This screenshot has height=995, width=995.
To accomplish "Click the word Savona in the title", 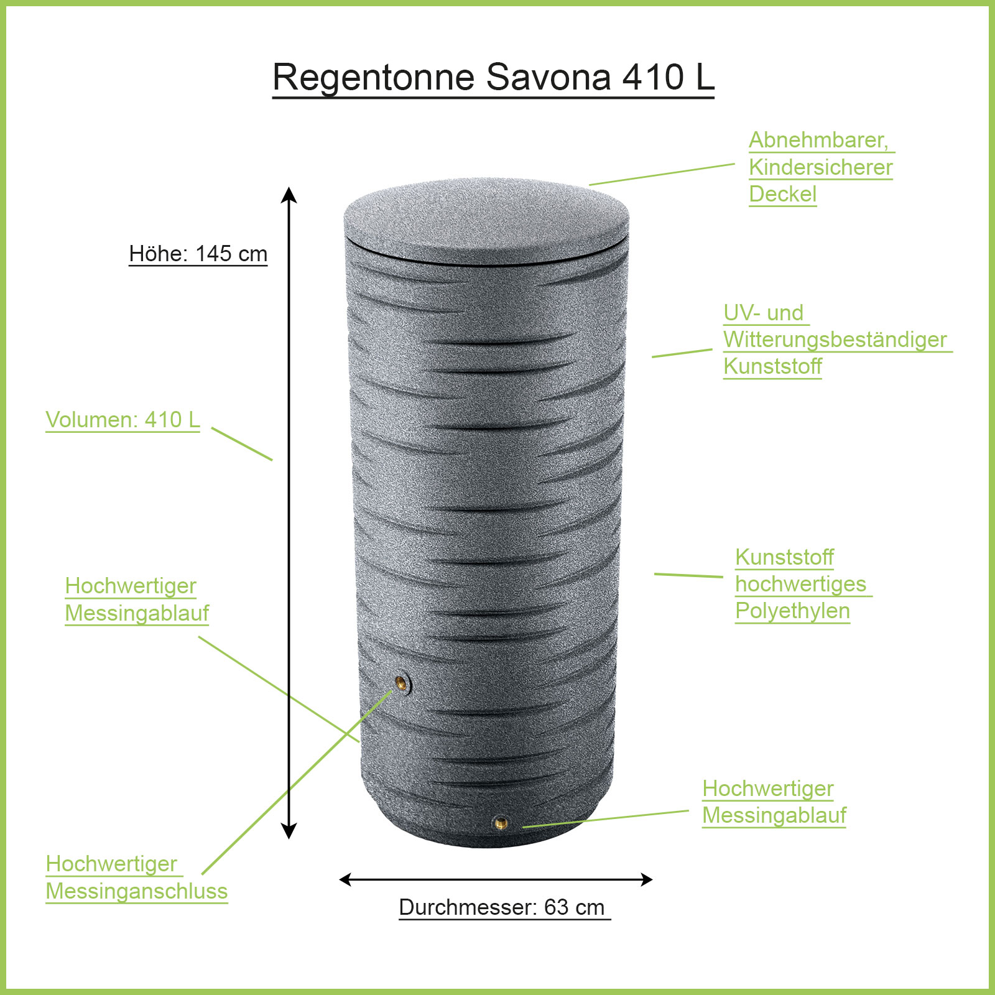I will click(548, 78).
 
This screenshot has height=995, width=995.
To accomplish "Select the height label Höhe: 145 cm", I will click(198, 254).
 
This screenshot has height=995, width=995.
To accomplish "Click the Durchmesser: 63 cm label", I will click(502, 907).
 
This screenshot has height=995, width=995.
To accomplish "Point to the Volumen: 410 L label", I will click(123, 420).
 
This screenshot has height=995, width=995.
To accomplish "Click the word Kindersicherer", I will click(820, 167).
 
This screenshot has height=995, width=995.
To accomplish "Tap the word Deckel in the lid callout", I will click(782, 194).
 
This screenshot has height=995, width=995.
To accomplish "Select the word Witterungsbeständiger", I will click(835, 340).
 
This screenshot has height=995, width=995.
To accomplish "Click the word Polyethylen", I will click(792, 611).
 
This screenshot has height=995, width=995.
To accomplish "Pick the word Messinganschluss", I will click(137, 891).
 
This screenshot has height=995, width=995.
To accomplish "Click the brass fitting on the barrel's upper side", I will click(402, 684).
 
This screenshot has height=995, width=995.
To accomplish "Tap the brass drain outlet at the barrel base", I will click(501, 823).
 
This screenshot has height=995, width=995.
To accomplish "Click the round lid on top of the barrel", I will click(486, 218).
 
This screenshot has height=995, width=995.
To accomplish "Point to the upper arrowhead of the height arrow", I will click(289, 195).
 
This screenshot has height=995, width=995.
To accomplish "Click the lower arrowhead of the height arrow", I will click(289, 831).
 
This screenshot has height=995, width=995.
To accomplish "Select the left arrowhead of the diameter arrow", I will click(346, 879).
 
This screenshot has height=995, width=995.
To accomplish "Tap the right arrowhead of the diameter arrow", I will click(646, 879).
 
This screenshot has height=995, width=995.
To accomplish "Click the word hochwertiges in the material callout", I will click(800, 584).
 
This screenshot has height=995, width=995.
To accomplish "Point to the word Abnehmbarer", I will click(818, 141).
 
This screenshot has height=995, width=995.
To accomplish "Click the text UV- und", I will click(763, 313).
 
